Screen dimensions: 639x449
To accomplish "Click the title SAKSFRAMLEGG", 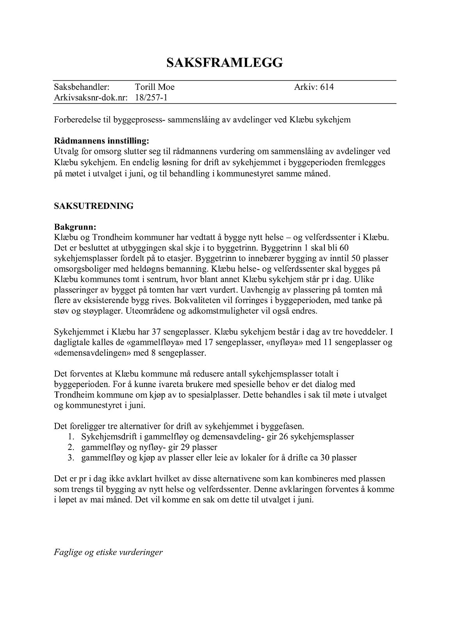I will pos(224,62).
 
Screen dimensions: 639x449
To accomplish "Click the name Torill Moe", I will pos(155,87).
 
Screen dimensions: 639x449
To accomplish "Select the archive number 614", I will pos(327,87).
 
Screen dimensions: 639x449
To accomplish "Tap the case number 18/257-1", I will pos(151,98).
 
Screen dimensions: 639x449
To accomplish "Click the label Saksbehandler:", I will pos(82,87).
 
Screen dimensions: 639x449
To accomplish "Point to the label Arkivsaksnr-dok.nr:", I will pos(91,98).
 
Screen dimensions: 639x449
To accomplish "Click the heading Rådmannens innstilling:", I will pos(102,140).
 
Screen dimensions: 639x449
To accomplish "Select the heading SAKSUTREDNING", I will pos(94,206).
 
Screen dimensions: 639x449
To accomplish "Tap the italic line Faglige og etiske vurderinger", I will pos(108,552).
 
